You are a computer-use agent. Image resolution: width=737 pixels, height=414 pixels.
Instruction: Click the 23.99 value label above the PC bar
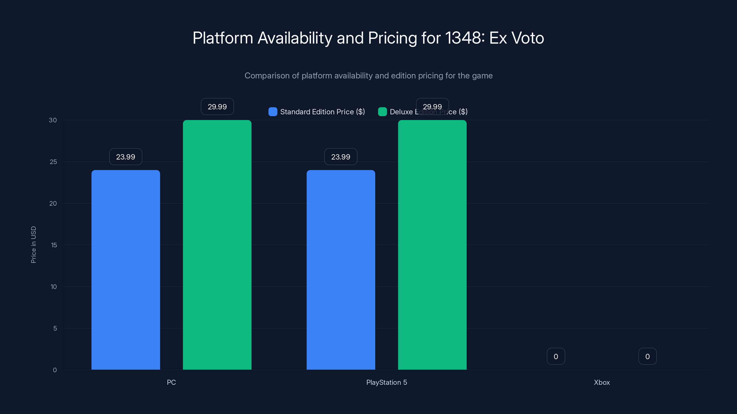(126, 157)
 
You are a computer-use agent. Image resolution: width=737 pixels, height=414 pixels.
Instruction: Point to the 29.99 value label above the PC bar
(217, 106)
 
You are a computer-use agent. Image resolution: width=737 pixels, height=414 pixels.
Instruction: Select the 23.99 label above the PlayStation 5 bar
(341, 157)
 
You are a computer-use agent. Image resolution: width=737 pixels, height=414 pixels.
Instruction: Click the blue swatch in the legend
(273, 112)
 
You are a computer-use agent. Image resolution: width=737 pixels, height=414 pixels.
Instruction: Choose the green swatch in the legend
(382, 112)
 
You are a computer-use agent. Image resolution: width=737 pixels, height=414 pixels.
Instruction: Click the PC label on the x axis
(171, 382)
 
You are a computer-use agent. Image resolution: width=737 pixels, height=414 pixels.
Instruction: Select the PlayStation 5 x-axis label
(386, 382)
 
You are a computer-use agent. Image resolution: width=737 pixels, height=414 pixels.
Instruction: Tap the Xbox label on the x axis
(602, 382)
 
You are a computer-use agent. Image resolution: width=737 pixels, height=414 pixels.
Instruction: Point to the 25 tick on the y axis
(53, 162)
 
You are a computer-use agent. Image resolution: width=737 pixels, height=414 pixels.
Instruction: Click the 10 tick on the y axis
(53, 287)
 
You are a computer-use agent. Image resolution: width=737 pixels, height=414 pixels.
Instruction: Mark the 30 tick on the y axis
(53, 120)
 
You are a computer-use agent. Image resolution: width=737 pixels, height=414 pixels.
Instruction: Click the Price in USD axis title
(33, 244)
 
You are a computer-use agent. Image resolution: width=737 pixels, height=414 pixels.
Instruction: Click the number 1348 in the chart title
(463, 38)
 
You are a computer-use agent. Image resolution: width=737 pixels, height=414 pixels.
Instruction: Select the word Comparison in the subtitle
(267, 76)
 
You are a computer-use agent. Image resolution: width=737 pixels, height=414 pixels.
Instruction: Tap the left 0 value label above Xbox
(556, 356)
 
